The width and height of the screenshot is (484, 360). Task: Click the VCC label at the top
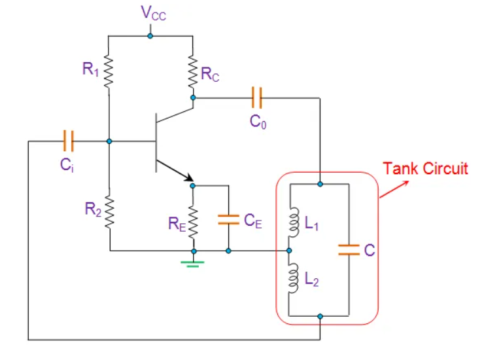tap(154, 13)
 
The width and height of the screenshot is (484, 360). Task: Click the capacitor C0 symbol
tap(256, 99)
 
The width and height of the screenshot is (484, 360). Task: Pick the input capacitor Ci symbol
tap(67, 141)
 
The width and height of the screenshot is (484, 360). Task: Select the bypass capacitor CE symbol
tap(228, 220)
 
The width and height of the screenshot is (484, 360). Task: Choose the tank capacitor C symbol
tap(349, 249)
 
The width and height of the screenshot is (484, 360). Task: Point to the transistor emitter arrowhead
tap(190, 177)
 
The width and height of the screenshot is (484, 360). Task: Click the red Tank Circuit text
tap(425, 168)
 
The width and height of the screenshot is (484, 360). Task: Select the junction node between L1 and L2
tap(288, 250)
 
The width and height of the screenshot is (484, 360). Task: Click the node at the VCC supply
tap(150, 35)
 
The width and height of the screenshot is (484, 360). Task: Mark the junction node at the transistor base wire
tap(109, 141)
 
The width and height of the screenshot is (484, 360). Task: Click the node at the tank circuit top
tap(320, 184)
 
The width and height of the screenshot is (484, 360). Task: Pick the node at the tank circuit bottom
tap(320, 316)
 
